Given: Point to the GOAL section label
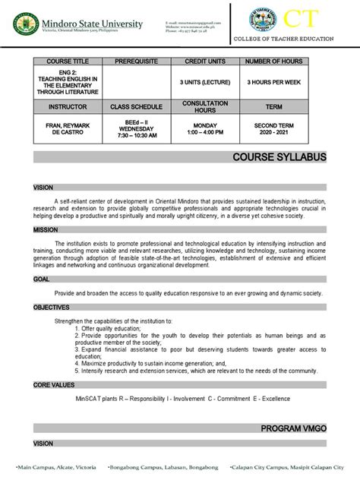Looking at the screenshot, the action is (41, 279).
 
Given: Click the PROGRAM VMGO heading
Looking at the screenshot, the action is (293, 429).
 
